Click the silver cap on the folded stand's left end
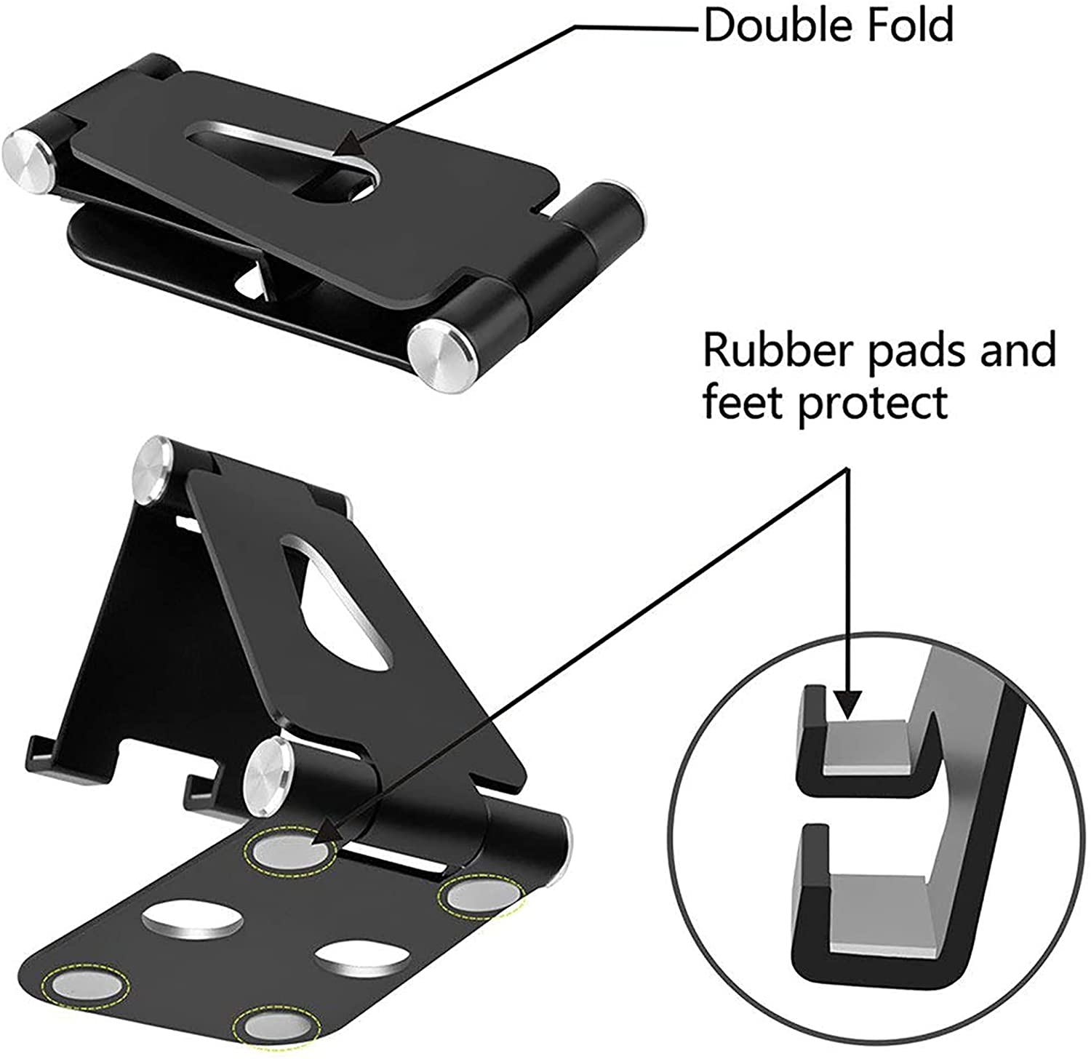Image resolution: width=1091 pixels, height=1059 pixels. coord(28,157)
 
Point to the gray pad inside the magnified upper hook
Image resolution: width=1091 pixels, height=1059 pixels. coord(865,746)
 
